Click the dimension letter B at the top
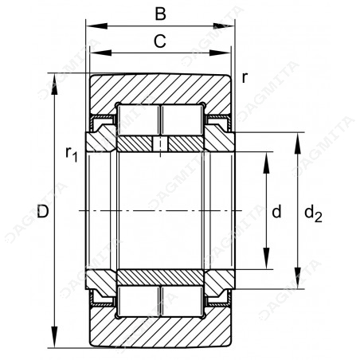pos(161,14)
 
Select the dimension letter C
pos(160,41)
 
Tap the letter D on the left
pos(43,212)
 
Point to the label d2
pos(313,213)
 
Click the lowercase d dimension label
pos(276,212)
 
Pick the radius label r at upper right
pos(245,78)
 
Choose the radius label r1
pos(72,154)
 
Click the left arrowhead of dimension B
pos(96,26)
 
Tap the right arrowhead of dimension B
pos(225,26)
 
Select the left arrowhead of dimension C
pos(100,53)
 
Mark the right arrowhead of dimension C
pos(220,53)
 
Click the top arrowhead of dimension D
pos(54,84)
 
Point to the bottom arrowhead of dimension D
pos(54,337)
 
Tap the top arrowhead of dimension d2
pos(298,143)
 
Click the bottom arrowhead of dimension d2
pos(298,278)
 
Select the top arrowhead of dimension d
pos(266,162)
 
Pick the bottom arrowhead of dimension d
pos(266,259)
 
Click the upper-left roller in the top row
pos(139,120)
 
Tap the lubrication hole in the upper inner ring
pos(160,144)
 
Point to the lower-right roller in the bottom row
pos(182,301)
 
